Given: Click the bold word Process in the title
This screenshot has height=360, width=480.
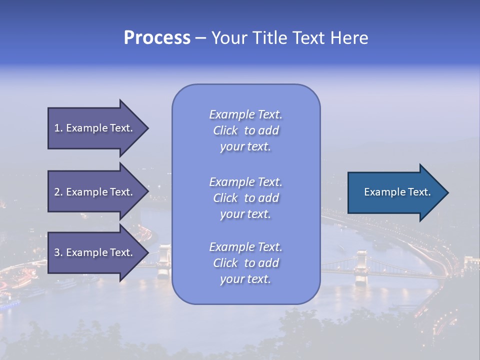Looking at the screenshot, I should point(157,38).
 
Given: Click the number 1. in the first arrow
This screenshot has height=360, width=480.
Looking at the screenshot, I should point(58,128).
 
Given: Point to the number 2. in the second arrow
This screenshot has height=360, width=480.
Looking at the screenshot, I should point(58,192).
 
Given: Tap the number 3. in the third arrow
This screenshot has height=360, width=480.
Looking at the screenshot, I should point(58,252).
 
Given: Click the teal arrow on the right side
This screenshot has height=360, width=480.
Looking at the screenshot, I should point(395,192).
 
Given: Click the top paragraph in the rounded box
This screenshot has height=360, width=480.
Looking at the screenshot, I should point(245,130).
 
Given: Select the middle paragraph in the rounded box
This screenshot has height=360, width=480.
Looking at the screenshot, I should point(245,198).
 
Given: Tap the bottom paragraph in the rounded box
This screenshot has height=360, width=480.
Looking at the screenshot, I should point(245,263).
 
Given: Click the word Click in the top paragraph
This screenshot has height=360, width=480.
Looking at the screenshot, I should point(225,130).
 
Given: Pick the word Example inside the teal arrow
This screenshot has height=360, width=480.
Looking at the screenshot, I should point(382,192).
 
